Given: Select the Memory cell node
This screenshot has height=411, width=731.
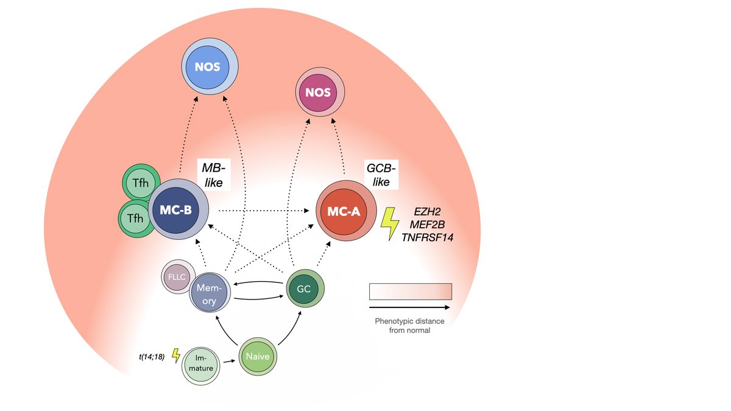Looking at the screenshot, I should pos(209,293).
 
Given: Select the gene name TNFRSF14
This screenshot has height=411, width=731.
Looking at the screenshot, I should pos(428,237).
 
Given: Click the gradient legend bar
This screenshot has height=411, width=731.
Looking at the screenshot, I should pos(410,291).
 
